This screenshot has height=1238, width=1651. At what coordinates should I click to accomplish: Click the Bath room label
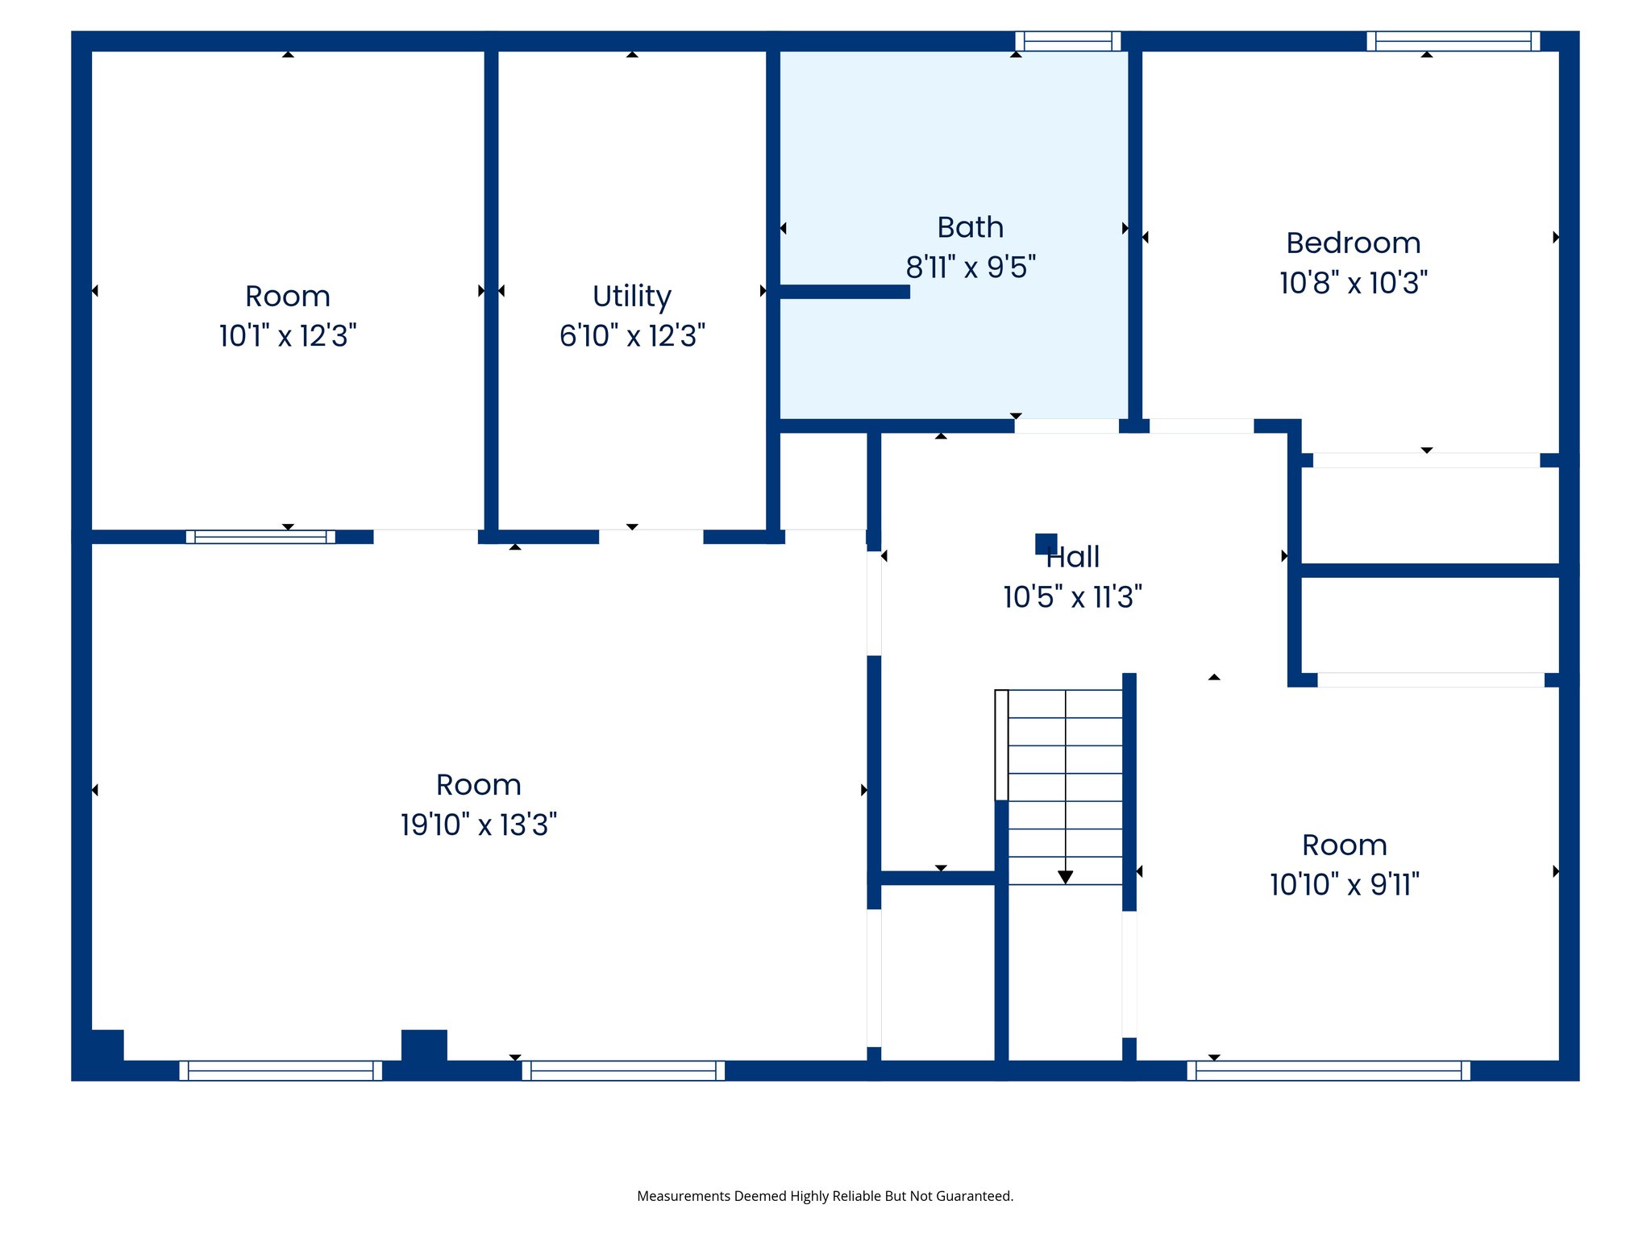pos(970,228)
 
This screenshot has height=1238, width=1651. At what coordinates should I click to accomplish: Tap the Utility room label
pos(632,297)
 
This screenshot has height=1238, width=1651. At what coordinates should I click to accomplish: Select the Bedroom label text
pos(1353,243)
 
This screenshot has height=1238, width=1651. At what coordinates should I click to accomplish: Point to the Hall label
pos(1074,557)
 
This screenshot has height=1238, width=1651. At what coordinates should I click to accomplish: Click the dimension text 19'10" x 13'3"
pos(479,825)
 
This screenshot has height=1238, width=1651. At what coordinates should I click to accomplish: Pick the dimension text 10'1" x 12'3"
pos(288,336)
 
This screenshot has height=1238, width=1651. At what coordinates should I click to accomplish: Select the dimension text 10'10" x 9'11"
pos(1344,885)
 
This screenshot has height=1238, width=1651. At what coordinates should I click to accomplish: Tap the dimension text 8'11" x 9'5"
pos(971,268)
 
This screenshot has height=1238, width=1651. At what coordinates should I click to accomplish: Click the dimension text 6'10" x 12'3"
pos(632,336)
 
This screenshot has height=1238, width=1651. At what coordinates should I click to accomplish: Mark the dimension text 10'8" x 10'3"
pos(1353,283)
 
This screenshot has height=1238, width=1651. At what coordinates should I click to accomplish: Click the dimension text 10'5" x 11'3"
pos(1072,597)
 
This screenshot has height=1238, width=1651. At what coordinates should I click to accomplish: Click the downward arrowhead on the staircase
pos(1065,877)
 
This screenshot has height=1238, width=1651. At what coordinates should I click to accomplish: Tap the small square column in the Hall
pos(1046,544)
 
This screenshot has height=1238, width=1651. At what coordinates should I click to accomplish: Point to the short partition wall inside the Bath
pos(844,292)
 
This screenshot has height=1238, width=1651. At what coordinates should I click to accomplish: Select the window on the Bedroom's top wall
pos(1453,41)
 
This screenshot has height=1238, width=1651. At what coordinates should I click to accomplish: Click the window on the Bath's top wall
pos(1067,41)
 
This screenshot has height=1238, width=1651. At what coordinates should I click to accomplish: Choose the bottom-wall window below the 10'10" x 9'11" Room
pos(1328,1070)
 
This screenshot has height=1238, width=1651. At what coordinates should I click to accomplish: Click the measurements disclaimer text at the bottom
pos(825,1196)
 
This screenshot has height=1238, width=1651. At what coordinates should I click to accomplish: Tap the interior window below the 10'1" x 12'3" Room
pos(260,537)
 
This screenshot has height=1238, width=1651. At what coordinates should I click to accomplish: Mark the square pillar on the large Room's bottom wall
pos(424,1045)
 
